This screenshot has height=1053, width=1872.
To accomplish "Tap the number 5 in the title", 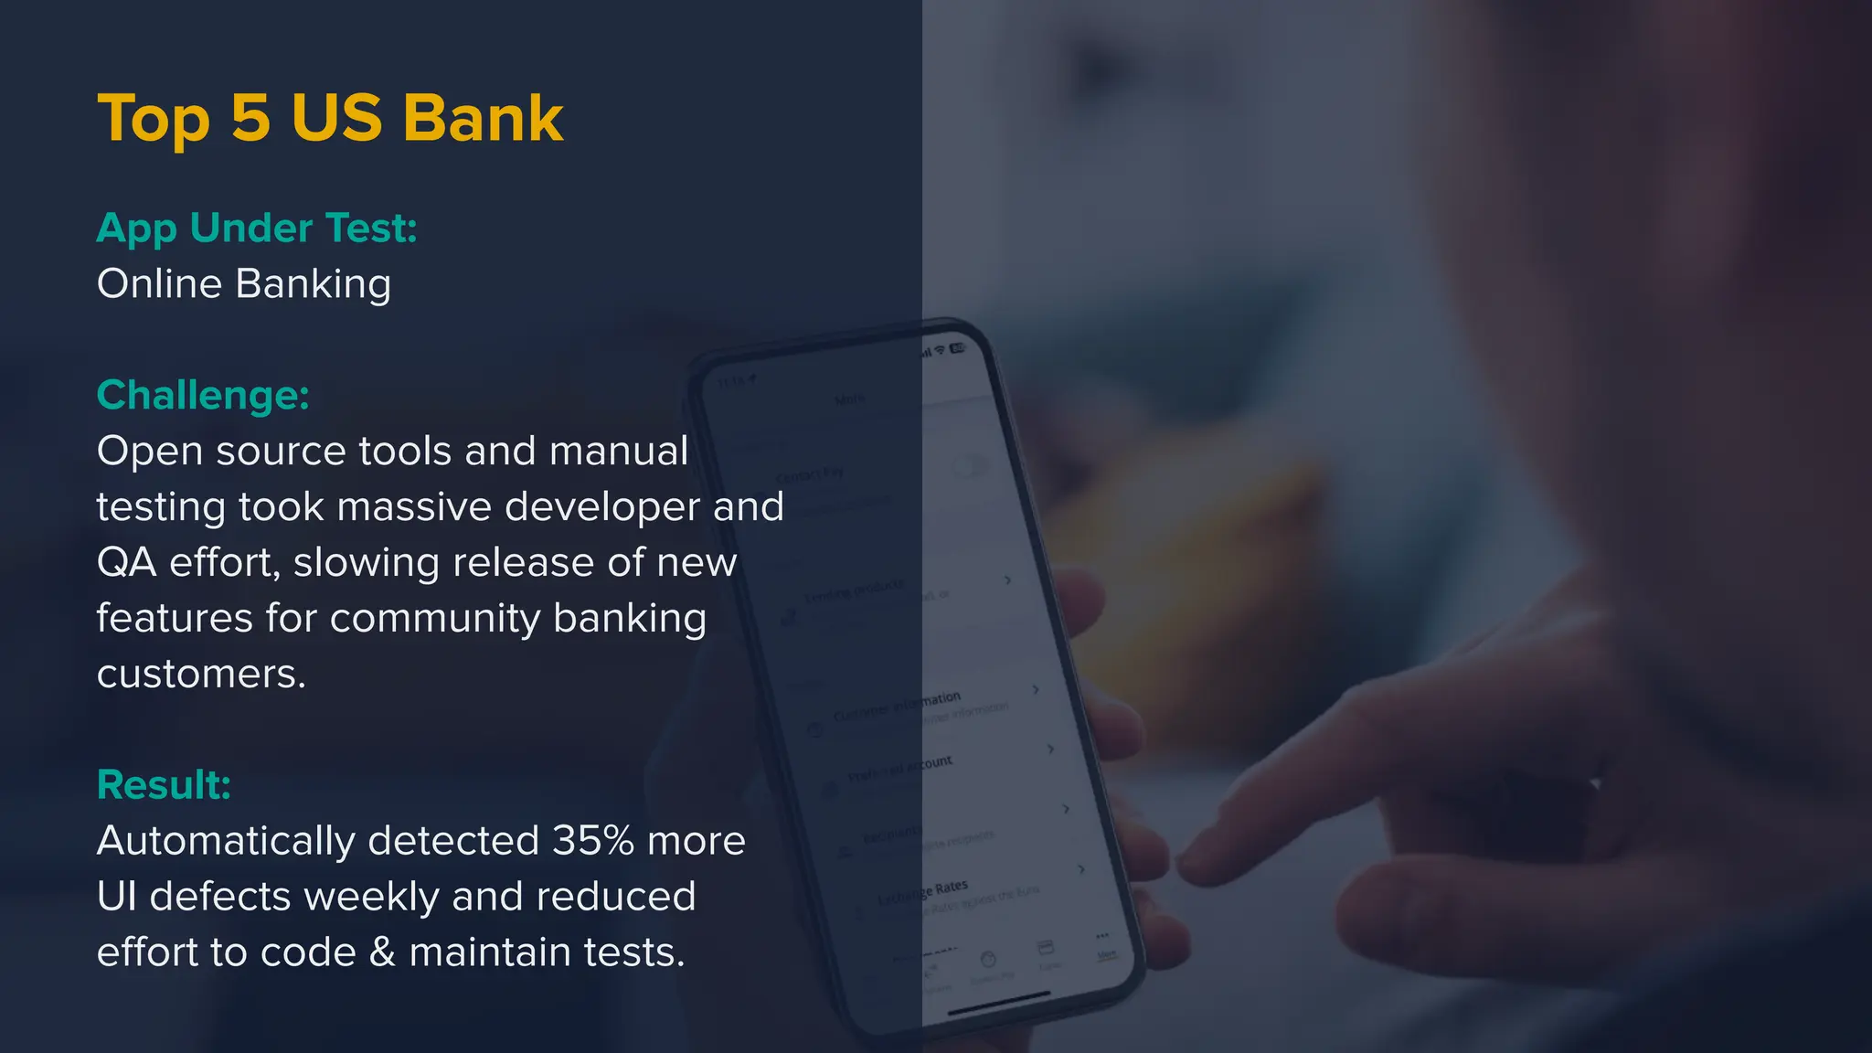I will click(250, 119).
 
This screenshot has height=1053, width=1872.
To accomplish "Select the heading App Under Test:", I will click(257, 229).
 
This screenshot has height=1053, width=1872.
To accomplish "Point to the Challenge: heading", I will click(203, 396).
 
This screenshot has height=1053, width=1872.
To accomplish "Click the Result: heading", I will click(164, 785).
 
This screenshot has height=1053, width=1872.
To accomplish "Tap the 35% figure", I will click(592, 841).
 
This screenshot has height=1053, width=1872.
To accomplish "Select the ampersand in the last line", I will click(382, 952).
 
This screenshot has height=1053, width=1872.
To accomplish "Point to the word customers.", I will click(201, 675).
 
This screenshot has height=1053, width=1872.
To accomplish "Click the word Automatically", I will click(226, 841).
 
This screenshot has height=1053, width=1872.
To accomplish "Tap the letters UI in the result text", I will click(116, 897).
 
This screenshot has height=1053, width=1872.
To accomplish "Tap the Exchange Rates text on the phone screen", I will click(923, 892).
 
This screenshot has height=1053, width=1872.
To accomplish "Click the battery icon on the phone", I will click(957, 348).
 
